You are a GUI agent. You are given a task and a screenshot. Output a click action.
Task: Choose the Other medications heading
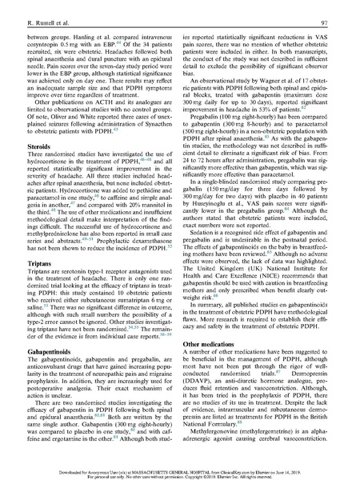220,339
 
